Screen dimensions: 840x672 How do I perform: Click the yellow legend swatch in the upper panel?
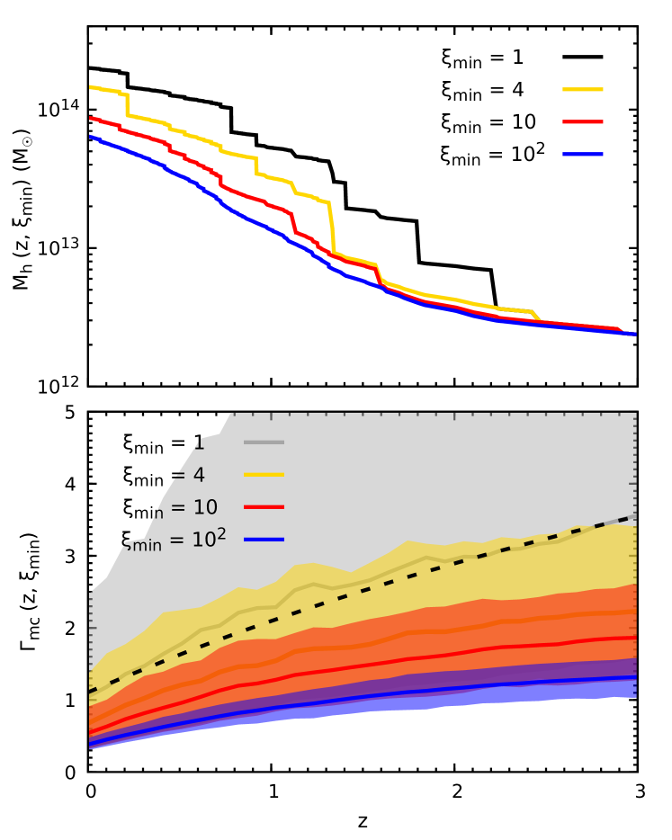583,90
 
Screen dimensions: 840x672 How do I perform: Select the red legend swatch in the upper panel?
583,121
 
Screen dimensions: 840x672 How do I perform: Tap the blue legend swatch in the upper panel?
583,154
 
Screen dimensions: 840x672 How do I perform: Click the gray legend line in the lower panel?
264,442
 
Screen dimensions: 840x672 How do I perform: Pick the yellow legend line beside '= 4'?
264,474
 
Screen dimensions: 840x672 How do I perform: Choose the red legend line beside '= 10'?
264,507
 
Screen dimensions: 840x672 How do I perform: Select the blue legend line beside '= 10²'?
264,540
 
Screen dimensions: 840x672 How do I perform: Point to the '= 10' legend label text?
193,508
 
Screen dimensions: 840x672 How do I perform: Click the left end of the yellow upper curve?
91,87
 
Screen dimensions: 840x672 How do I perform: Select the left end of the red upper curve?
91,118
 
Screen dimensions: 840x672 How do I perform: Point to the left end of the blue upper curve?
91,137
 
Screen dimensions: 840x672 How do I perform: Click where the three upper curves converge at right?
630,333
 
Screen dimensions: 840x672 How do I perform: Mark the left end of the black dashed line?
91,691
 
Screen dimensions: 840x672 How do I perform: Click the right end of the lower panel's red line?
635,638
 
